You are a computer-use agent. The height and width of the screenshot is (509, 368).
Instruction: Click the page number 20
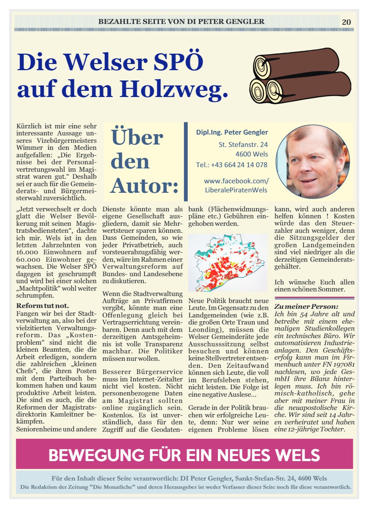[x=346, y=22]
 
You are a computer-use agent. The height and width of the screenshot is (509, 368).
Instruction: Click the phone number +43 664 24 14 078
[x=232, y=165]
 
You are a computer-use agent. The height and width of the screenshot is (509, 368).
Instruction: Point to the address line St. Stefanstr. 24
[x=243, y=144]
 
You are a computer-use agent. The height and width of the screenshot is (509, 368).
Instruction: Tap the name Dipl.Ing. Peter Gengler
[x=232, y=133]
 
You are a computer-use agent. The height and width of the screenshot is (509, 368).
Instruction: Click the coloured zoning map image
[x=227, y=263]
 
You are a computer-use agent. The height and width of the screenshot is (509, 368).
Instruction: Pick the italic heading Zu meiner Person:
[x=306, y=306]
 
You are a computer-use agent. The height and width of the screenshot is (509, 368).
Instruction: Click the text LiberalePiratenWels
[x=236, y=190]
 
